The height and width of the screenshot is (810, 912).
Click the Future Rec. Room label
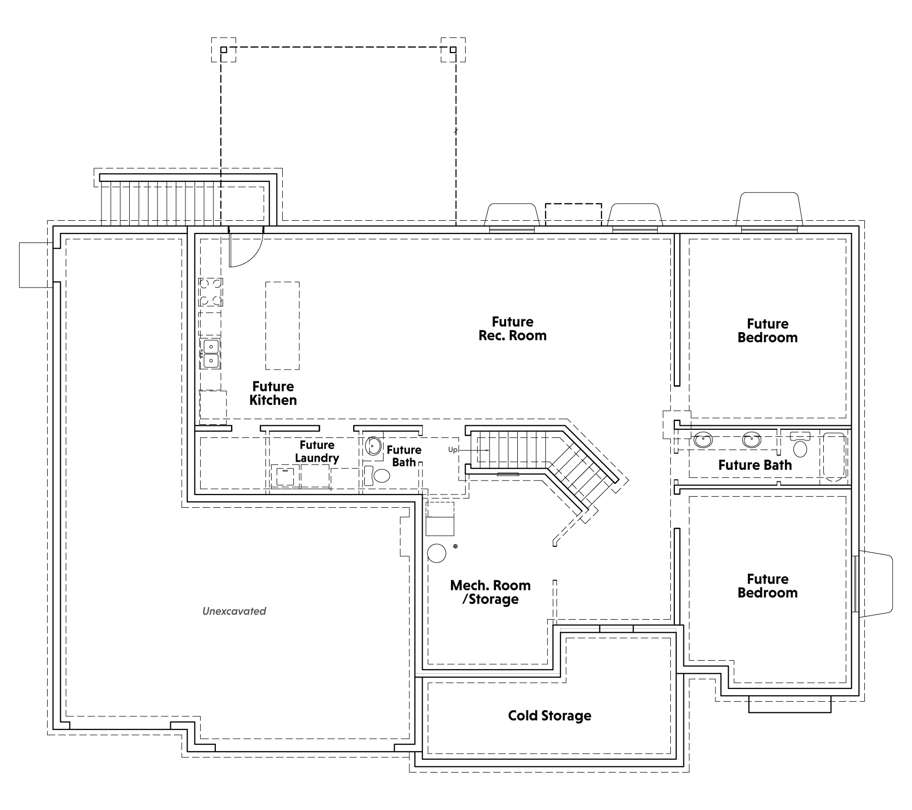coord(512,329)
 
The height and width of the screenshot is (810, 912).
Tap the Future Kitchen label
coord(273,393)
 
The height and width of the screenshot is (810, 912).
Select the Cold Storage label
coord(550,715)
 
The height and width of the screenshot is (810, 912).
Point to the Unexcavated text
coord(234,611)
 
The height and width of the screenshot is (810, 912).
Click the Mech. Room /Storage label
coord(490,592)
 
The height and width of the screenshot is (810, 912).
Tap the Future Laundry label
coord(317,452)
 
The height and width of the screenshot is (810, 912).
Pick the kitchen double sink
coord(210,353)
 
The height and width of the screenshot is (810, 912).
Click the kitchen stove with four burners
coord(211,292)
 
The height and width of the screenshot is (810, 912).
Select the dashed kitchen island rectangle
coord(282,326)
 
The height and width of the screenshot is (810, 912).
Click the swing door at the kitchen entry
coord(245,248)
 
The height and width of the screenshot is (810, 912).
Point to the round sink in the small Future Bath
coord(373,447)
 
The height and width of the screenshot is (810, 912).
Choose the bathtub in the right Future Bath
coord(834,456)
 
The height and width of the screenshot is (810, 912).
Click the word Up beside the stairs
coord(452,450)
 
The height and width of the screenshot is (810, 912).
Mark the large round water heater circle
coord(436,553)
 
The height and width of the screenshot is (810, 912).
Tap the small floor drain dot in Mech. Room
coord(455,546)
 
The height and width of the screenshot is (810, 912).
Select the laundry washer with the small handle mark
coord(285,476)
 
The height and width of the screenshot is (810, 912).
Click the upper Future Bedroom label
coord(768,331)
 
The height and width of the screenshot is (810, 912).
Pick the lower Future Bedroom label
coord(768,586)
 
